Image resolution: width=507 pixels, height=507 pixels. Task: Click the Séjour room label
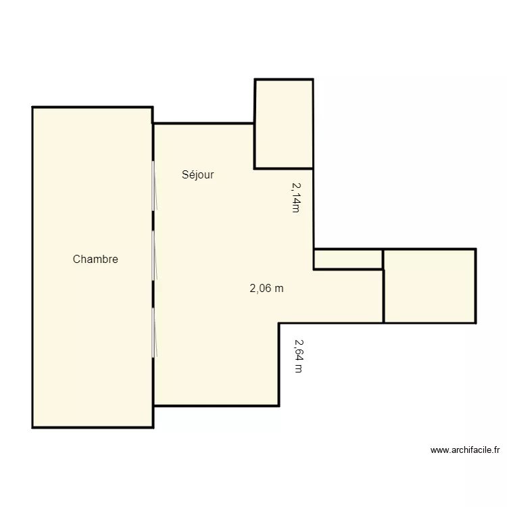(197, 175)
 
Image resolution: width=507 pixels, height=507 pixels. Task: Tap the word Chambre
(95, 259)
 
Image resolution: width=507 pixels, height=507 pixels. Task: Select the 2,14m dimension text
(295, 197)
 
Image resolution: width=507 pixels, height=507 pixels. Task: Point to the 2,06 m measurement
(266, 289)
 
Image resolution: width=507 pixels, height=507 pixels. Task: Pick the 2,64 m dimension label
(298, 356)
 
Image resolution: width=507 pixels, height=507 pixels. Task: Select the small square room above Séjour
(283, 124)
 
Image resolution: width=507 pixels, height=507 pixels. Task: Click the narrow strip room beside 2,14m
(348, 260)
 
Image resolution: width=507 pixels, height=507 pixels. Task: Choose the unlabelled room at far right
(429, 286)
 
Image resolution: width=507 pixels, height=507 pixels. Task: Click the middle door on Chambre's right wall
(154, 255)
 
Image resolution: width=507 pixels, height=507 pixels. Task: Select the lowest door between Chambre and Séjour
(154, 333)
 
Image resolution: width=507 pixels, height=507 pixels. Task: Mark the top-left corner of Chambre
(32, 107)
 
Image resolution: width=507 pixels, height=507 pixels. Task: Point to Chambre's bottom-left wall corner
(32, 427)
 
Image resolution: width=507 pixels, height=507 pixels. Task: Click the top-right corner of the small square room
(313, 80)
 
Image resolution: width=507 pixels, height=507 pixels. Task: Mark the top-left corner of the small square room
(255, 80)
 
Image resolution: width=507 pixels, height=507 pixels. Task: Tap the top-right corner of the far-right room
(476, 249)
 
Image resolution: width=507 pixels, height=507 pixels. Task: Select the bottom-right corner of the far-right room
(476, 322)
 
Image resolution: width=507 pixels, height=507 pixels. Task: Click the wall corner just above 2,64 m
(279, 323)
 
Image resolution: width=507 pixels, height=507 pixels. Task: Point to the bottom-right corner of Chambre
(152, 427)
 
